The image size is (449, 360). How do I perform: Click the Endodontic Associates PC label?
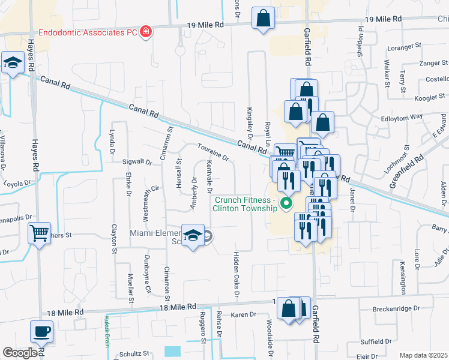88,31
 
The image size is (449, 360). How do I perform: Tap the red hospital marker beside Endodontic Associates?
145,31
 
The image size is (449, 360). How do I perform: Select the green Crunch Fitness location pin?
286,205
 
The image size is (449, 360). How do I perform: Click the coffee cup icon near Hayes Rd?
41,331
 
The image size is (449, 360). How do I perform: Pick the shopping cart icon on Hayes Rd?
40,232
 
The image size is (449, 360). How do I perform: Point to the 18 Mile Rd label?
178,307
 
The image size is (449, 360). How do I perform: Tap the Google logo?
20,353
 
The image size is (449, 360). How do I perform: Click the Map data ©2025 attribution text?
423,355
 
